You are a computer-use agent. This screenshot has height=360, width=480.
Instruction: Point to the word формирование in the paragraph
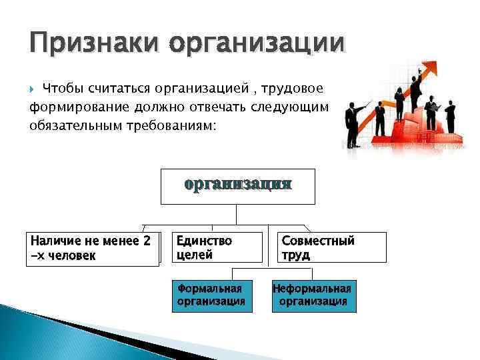[74, 107]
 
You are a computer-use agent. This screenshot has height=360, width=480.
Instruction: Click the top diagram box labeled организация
[237, 186]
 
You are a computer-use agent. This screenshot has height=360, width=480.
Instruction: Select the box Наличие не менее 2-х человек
[93, 248]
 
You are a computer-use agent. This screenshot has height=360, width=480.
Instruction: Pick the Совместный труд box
[331, 247]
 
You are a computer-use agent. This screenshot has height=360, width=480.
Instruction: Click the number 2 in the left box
[147, 241]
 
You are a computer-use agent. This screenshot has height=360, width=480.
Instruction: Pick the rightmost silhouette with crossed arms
[450, 117]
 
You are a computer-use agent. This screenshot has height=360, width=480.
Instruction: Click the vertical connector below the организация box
[237, 214]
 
